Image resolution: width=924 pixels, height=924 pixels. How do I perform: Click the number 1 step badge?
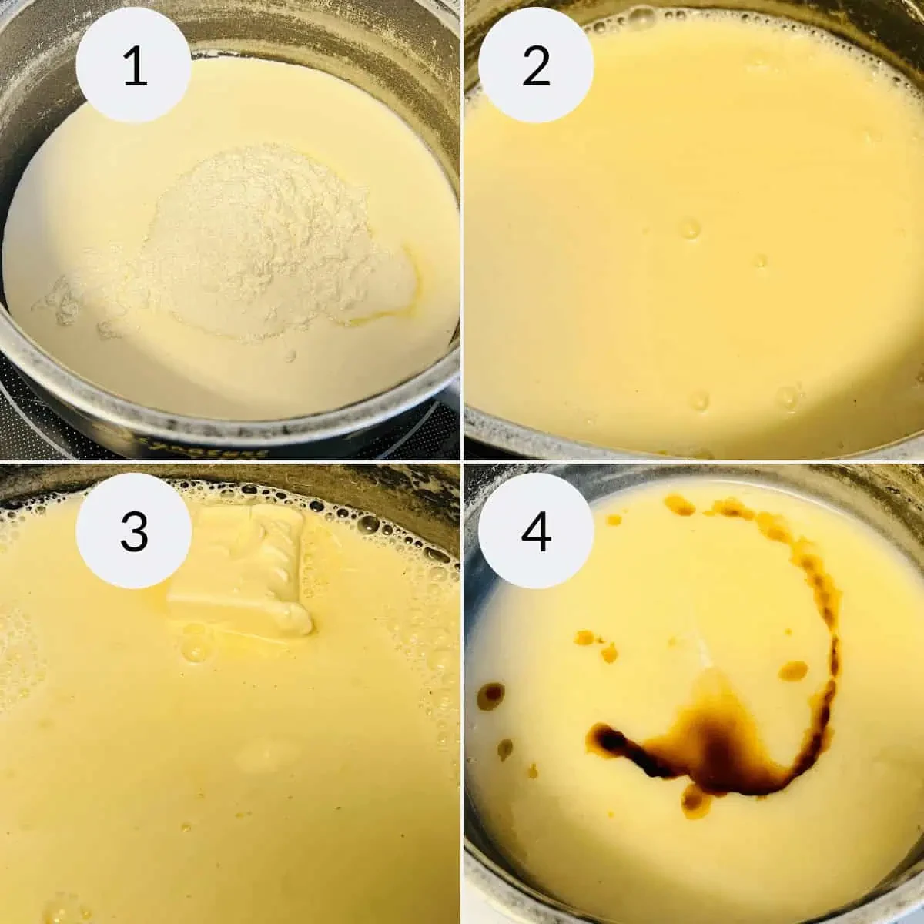[x=135, y=65]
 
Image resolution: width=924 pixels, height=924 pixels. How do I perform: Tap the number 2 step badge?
[x=536, y=65]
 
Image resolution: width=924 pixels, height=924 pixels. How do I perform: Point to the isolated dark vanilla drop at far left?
[x=490, y=696]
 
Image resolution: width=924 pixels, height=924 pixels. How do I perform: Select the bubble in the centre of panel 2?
[x=689, y=229]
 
